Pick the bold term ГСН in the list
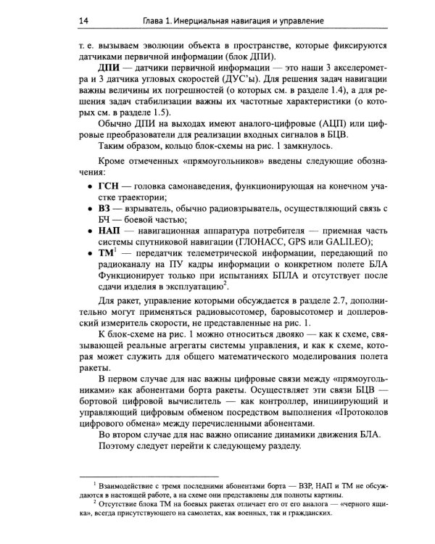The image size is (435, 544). [108, 187]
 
